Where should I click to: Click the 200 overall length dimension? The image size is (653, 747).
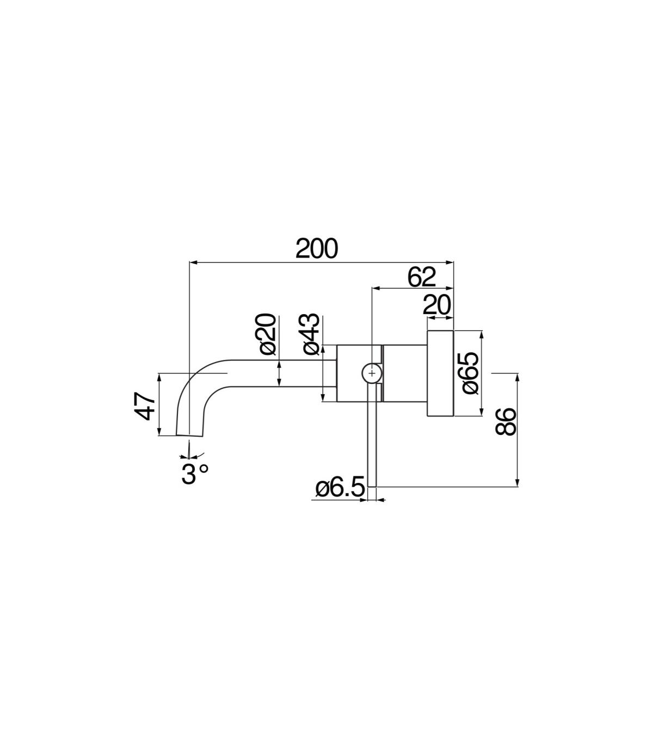[x=317, y=249]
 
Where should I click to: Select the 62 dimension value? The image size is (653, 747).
[x=421, y=277]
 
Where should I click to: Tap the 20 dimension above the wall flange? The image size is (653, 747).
[x=436, y=305]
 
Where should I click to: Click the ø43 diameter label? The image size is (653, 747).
[x=311, y=334]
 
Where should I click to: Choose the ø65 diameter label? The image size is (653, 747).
[x=470, y=373]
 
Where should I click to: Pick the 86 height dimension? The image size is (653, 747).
[x=505, y=422]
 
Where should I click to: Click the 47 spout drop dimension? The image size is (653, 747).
[x=145, y=406]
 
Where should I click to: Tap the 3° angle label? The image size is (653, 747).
[x=195, y=474]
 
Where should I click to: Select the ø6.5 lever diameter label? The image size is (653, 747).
[x=340, y=488]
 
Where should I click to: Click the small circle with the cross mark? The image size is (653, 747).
[x=371, y=373]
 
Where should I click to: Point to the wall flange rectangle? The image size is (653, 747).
[x=440, y=373]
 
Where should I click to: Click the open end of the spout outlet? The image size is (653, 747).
[x=189, y=436]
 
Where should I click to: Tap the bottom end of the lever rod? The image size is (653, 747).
[x=372, y=486]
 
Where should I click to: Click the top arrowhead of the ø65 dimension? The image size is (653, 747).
[x=482, y=335]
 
